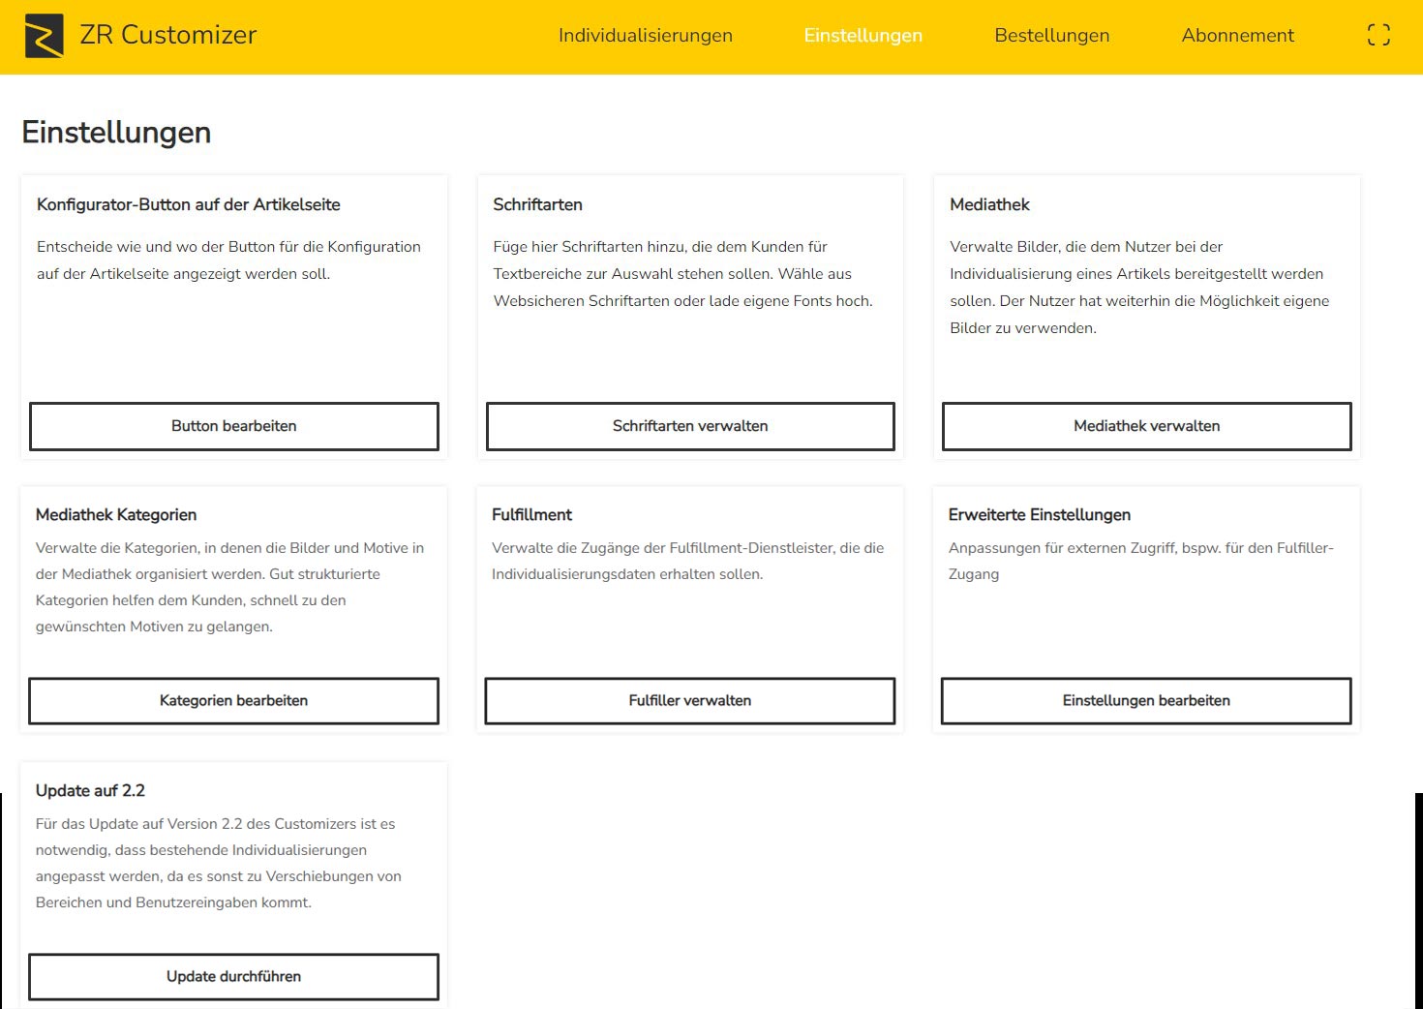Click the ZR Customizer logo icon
pos(44,36)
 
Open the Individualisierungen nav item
pos(645,36)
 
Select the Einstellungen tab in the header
pos(863,36)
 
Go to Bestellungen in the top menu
pos(1051,36)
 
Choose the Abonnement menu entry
pos(1237,36)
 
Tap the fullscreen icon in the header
pos(1378,36)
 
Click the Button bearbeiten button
pos(233,426)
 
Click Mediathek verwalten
pos(1146,426)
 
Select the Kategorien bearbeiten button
pos(233,701)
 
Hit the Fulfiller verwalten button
pos(689,701)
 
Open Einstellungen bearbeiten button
pos(1146,701)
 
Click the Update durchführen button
pos(233,977)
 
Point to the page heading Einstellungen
pos(116,133)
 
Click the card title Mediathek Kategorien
pos(116,515)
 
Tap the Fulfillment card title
pos(531,515)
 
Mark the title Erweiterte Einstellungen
pos(1039,515)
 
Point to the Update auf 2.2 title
pos(90,791)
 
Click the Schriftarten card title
pos(537,205)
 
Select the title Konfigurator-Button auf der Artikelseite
pos(188,205)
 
